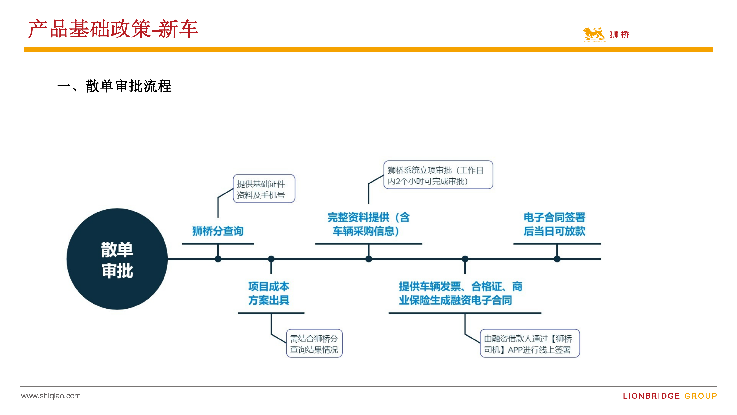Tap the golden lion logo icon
594,34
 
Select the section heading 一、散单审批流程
114,86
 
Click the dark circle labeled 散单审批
117,259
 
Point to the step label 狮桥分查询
218,231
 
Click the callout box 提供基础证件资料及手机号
264,189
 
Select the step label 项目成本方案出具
269,293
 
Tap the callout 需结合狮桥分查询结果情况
314,343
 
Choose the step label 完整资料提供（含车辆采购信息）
368,224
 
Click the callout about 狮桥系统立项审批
438,175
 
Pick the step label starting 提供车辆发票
461,293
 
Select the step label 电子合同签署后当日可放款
554,224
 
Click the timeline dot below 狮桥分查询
218,259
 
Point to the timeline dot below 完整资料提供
369,259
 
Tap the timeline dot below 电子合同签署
557,259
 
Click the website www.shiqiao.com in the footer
51,396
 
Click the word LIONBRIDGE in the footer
651,396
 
